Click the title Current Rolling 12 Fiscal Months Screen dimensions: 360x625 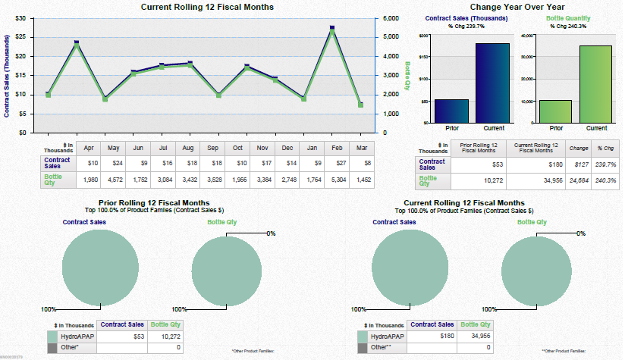pos(207,7)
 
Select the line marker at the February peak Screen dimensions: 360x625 pos(332,29)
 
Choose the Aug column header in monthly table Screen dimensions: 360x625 pos(189,147)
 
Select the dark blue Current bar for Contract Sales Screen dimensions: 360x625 pos(493,83)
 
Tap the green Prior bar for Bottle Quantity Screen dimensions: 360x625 pos(555,111)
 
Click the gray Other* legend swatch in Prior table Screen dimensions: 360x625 pos(52,347)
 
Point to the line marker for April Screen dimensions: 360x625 pos(48,94)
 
